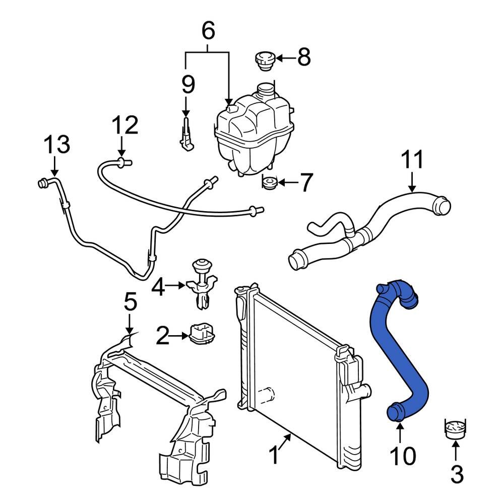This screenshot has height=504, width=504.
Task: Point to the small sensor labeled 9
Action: tap(186, 136)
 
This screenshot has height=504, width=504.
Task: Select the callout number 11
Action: tap(412, 160)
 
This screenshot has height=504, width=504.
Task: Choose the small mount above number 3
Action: tap(454, 427)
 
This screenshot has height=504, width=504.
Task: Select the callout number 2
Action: tap(163, 336)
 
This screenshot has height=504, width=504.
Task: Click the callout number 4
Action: tap(159, 288)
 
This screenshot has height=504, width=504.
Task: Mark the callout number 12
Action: tap(124, 125)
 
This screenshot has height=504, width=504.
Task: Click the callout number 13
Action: tap(56, 145)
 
